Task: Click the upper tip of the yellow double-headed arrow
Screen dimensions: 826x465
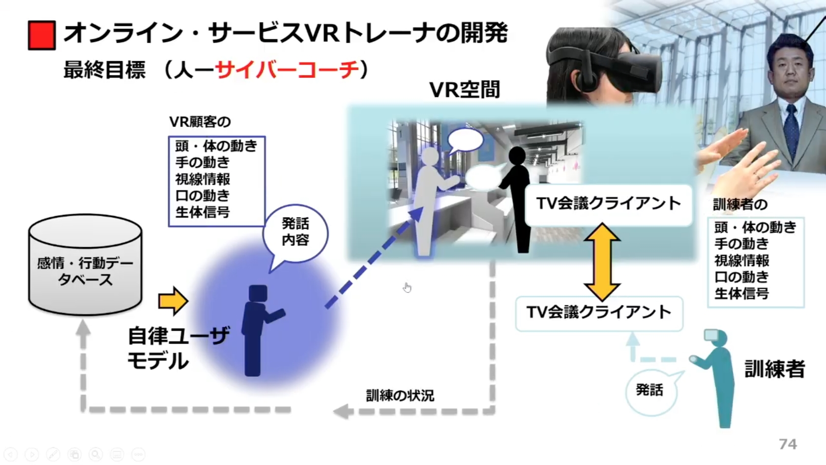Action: pyautogui.click(x=602, y=223)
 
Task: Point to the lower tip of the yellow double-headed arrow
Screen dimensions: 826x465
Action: pyautogui.click(x=602, y=301)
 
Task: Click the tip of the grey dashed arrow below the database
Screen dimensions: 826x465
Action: pyautogui.click(x=84, y=320)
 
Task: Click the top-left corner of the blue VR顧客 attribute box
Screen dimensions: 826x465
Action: pyautogui.click(x=169, y=137)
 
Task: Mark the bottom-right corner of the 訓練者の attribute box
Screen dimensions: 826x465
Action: pyautogui.click(x=804, y=307)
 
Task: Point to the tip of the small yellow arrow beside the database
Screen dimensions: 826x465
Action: pyautogui.click(x=188, y=301)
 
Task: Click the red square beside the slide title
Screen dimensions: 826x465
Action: pyautogui.click(x=42, y=35)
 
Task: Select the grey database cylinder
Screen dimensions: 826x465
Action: pyautogui.click(x=85, y=264)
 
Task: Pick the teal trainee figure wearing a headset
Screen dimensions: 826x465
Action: pyautogui.click(x=715, y=378)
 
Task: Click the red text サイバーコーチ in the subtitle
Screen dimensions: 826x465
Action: pyautogui.click(x=287, y=70)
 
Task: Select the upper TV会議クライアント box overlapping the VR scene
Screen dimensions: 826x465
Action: pyautogui.click(x=609, y=205)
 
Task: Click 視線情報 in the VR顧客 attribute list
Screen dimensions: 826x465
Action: pyautogui.click(x=203, y=179)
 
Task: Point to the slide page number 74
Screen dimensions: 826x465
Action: pyautogui.click(x=788, y=444)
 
